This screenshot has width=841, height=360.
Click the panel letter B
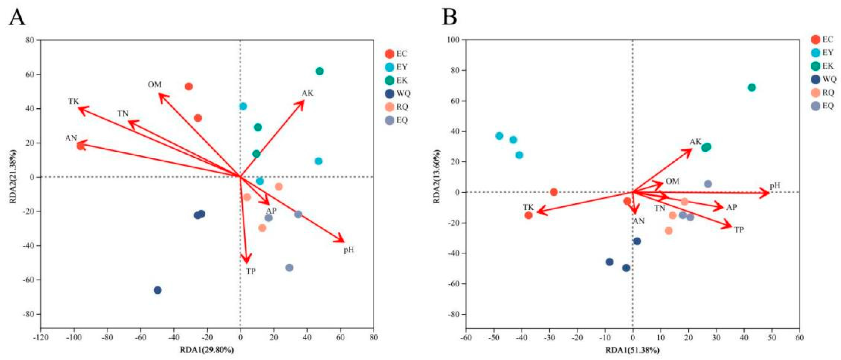449,17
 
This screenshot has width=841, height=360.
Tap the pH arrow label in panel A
349,250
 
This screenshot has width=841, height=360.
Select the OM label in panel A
154,85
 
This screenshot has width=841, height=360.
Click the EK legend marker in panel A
390,80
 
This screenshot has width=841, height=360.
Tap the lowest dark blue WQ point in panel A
158,290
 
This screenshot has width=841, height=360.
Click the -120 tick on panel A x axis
41,337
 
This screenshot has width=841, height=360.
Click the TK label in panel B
528,208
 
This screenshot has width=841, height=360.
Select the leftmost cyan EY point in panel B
499,136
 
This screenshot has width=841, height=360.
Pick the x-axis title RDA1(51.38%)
632,351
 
